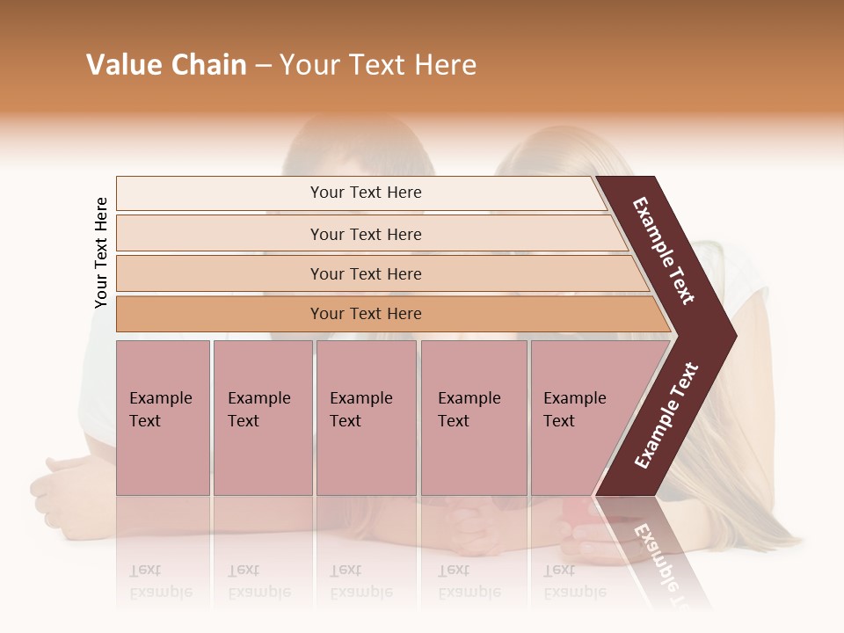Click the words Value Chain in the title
[166, 65]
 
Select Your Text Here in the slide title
[378, 65]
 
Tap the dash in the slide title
[263, 66]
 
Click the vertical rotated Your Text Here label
[101, 252]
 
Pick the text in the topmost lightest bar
[366, 193]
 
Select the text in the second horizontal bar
[366, 235]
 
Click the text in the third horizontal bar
[366, 274]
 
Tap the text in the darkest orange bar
[366, 314]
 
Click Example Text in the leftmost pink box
[160, 410]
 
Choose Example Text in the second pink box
[258, 410]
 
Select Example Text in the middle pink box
[360, 410]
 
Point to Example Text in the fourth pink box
[469, 410]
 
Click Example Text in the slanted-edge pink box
[574, 410]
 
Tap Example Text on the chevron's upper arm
[664, 251]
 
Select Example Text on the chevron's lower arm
[666, 416]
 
